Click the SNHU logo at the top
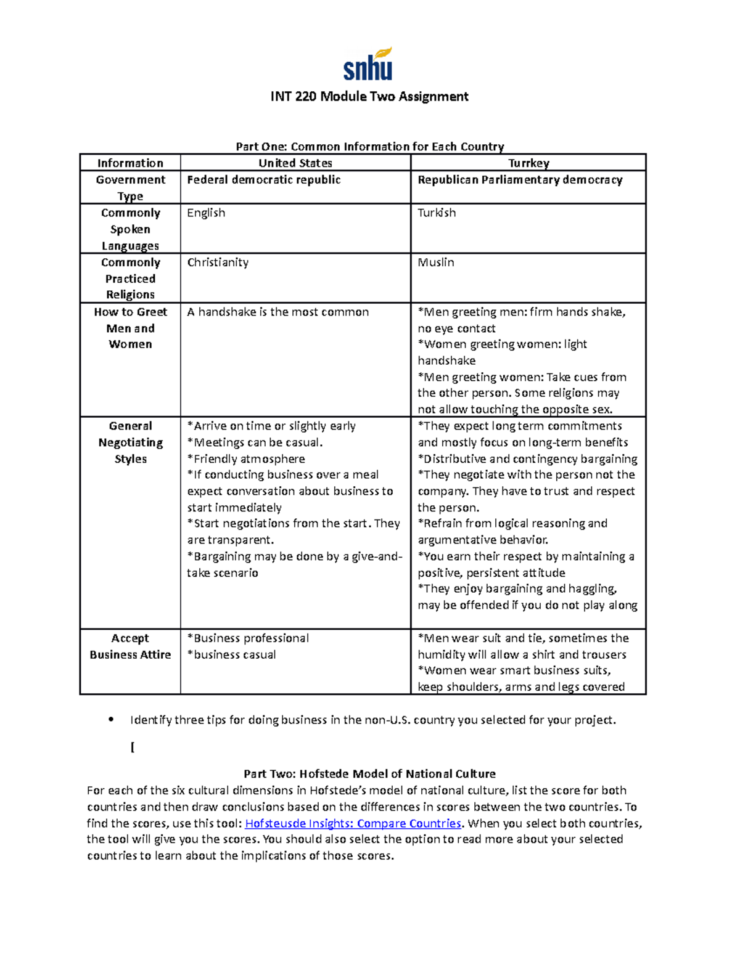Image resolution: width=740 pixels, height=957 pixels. point(368,65)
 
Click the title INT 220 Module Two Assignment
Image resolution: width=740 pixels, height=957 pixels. point(369,97)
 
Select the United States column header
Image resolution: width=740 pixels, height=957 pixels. point(295,163)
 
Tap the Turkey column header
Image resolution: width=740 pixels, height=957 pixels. point(528,163)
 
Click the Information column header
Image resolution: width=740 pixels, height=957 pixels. point(130,163)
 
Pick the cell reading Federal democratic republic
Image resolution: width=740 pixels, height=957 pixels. point(263,180)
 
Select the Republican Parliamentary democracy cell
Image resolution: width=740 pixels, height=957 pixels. point(520,180)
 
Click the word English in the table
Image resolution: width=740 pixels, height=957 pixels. point(206,213)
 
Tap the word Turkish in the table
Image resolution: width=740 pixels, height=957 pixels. point(437,213)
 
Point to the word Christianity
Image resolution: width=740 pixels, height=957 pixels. point(218,263)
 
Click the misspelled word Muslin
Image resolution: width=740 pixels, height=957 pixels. point(435,263)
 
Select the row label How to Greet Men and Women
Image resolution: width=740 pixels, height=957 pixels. point(130,328)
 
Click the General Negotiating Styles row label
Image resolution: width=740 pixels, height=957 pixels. point(130,442)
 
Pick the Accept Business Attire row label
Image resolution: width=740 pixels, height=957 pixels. point(130,646)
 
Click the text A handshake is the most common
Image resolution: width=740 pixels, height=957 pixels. point(277,312)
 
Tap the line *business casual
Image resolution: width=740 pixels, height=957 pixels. point(231,655)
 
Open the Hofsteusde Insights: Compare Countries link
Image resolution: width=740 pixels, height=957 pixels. point(353,823)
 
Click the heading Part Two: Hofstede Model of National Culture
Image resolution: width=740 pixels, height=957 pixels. point(369,774)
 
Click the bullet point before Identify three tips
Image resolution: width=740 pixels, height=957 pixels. point(111,719)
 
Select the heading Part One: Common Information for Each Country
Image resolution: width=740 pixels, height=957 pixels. point(369,147)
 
